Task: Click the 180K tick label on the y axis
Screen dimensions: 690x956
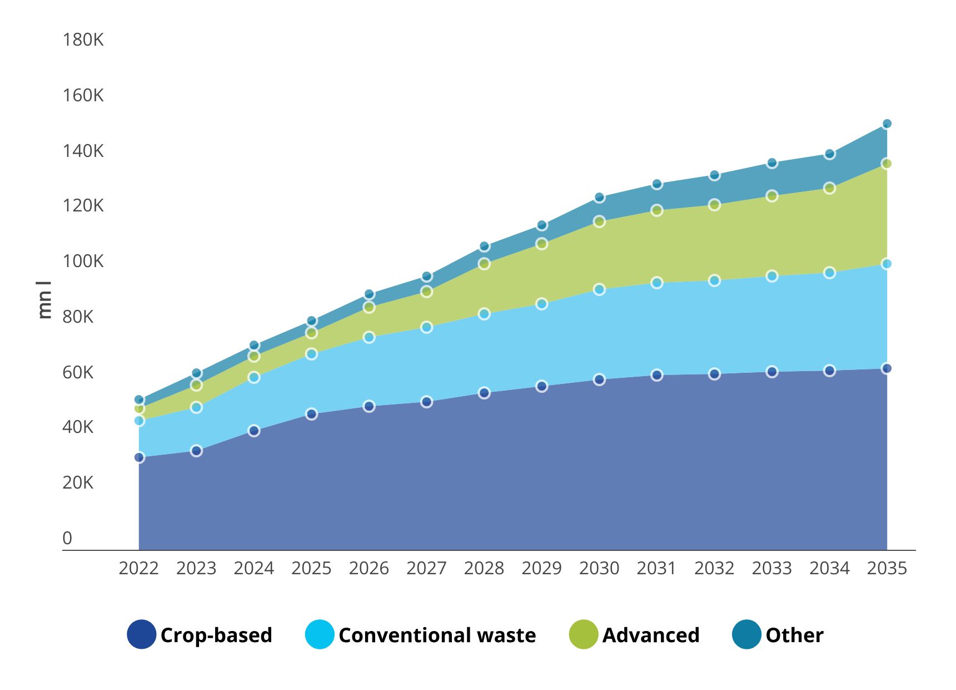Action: (x=83, y=40)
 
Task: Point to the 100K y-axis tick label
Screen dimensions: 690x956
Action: (x=83, y=261)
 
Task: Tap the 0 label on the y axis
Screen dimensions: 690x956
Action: (x=67, y=538)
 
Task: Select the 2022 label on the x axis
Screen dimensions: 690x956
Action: (x=138, y=568)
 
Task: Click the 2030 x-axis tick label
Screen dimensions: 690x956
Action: (x=599, y=568)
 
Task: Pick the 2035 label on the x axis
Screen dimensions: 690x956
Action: (x=887, y=568)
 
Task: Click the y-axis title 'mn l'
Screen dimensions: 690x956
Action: (x=44, y=300)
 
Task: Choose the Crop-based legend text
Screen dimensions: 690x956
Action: (x=216, y=635)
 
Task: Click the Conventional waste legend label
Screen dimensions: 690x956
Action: (x=437, y=635)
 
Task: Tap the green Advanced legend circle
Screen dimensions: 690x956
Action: (x=583, y=634)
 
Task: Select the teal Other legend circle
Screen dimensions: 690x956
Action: (x=746, y=634)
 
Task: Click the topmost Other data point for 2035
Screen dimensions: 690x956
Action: (x=887, y=124)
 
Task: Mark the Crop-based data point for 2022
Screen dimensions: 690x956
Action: (x=139, y=457)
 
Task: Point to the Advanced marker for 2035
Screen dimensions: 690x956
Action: (x=887, y=164)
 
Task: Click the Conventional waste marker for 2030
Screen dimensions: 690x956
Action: (x=599, y=289)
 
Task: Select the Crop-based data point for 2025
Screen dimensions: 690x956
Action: (x=312, y=414)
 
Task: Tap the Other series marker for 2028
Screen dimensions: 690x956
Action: (x=484, y=247)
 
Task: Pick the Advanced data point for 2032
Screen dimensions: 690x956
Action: (x=714, y=205)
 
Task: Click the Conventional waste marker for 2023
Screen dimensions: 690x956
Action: (x=196, y=407)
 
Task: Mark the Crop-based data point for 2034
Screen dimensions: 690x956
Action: (x=829, y=371)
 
